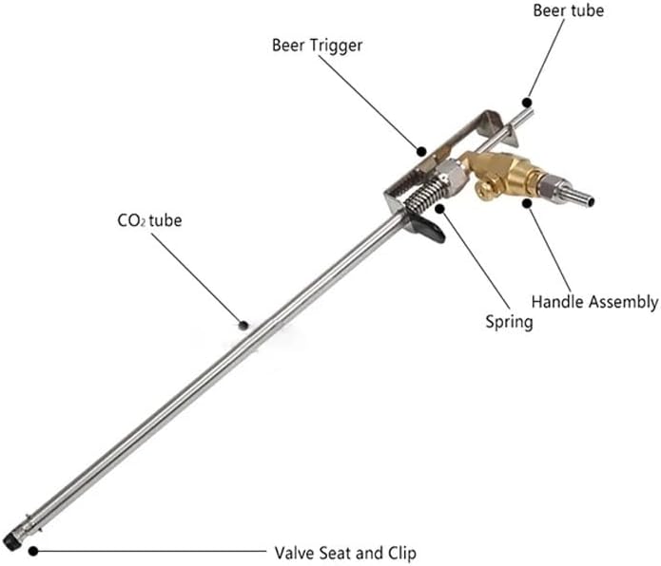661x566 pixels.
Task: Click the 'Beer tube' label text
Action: tap(568, 10)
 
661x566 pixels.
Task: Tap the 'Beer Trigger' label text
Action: tap(317, 46)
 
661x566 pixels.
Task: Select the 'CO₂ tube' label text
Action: tap(149, 220)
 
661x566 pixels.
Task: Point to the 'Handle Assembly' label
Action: tap(594, 302)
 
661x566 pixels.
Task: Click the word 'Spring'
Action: tap(509, 322)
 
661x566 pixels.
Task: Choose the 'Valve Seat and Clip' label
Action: tap(345, 553)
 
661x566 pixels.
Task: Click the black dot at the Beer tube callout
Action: tap(527, 103)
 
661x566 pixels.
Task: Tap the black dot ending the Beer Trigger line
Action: tap(420, 151)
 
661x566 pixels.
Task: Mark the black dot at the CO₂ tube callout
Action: tap(243, 325)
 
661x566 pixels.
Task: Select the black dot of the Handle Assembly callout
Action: tap(527, 203)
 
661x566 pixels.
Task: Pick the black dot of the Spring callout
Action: tap(440, 209)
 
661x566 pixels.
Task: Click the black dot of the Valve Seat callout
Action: tap(33, 551)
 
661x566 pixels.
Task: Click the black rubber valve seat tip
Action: tap(10, 541)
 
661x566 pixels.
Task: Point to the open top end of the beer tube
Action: tap(531, 112)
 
